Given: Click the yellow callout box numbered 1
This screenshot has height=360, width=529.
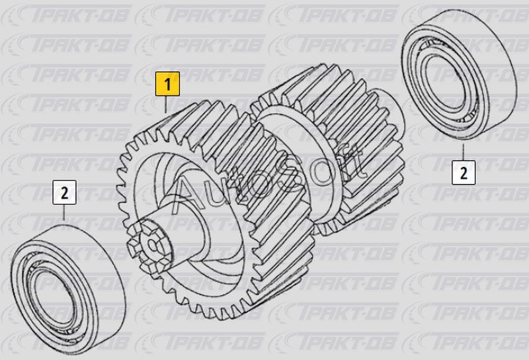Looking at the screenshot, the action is pos(167,83).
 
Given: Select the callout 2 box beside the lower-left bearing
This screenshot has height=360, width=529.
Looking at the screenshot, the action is pos(64,193).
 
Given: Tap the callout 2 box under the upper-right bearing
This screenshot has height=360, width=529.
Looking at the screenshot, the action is pos(464,173).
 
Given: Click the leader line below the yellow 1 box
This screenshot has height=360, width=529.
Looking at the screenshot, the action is pos(166,105).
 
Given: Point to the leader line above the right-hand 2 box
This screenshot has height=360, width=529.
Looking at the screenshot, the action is pos(464,152).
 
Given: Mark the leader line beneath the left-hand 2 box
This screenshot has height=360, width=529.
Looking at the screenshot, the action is pos(64,212).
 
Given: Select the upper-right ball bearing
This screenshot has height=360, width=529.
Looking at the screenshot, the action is pos(460,74).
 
